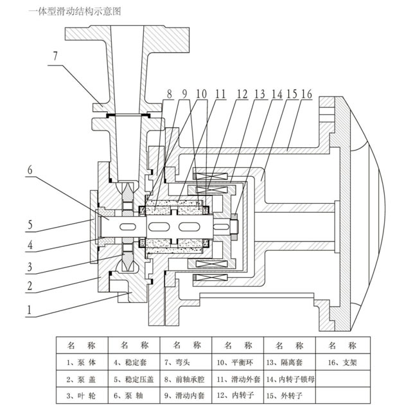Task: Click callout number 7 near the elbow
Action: point(56,56)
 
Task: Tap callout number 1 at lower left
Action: point(28,309)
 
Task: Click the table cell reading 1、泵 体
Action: point(82,362)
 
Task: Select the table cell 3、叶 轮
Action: point(82,392)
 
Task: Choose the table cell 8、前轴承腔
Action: point(186,377)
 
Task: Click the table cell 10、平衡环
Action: point(237,362)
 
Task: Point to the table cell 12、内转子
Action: point(237,392)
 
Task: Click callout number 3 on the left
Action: point(29,264)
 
